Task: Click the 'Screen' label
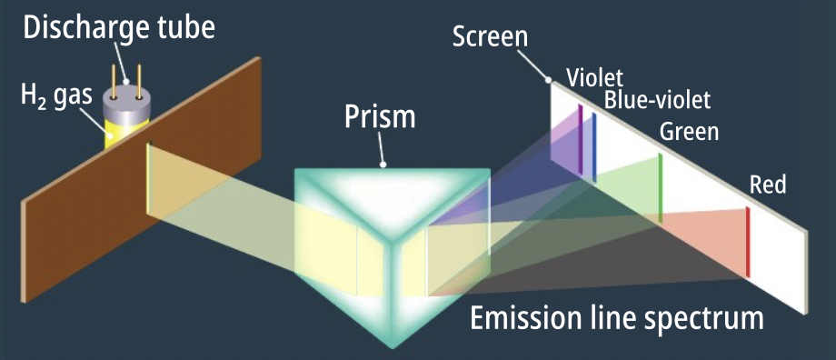coord(490,36)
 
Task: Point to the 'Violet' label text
coord(594,78)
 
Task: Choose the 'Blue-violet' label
coord(657,100)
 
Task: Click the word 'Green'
coord(689,131)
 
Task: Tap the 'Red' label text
coord(768,185)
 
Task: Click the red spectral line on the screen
coord(748,242)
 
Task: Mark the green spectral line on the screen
coord(660,188)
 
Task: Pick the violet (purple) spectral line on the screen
coord(580,139)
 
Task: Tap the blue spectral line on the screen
coord(594,146)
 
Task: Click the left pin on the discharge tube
coord(114,82)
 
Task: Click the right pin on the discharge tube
coord(139,82)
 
